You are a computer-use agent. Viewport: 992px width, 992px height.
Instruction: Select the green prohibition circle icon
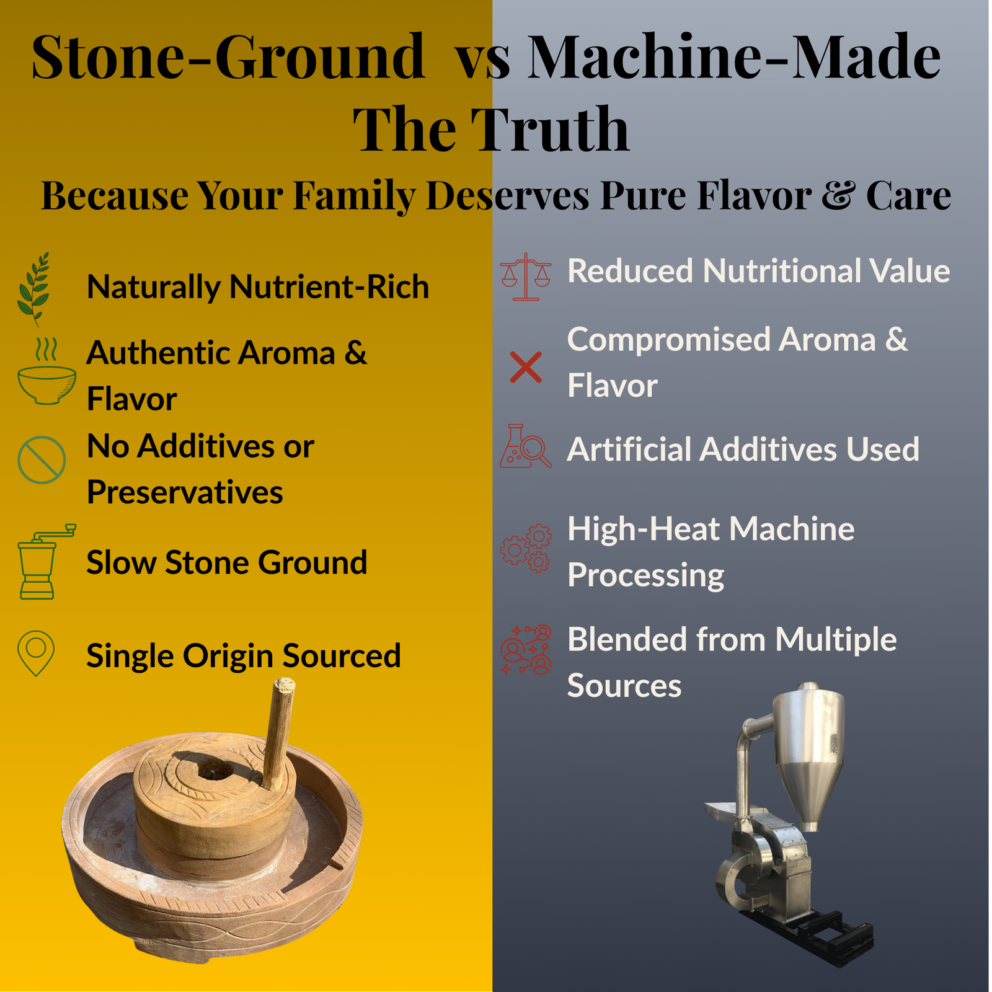(x=42, y=460)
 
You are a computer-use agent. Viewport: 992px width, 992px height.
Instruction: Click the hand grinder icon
(x=43, y=562)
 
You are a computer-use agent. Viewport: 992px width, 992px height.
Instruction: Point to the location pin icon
(x=36, y=653)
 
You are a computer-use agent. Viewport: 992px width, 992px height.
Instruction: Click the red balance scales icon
(x=526, y=277)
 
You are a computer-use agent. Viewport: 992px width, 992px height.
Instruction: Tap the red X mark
(x=526, y=367)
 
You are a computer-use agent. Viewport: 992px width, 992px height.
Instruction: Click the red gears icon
(x=526, y=548)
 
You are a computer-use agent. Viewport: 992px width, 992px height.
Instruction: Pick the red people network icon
(x=526, y=649)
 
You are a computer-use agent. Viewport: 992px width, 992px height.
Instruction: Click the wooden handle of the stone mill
(x=279, y=732)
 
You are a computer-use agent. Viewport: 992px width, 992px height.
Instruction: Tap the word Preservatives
(x=185, y=492)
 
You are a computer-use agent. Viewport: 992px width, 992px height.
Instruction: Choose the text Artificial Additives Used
(x=743, y=449)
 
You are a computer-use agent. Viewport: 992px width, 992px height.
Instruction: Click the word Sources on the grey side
(x=624, y=686)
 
